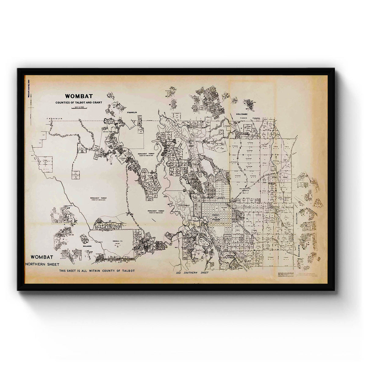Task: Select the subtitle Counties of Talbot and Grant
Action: [x=79, y=102]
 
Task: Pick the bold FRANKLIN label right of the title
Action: [x=133, y=113]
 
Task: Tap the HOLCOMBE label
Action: [x=243, y=114]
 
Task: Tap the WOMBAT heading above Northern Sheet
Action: [x=42, y=257]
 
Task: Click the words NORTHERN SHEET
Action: [x=42, y=264]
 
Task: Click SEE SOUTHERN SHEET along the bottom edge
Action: [x=192, y=272]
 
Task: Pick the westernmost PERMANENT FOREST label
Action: [x=98, y=199]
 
